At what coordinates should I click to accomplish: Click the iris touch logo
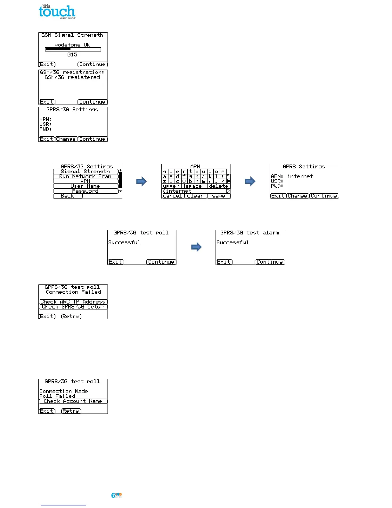click(57, 12)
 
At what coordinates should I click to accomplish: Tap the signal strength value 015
click(72, 55)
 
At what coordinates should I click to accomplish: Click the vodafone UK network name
click(72, 45)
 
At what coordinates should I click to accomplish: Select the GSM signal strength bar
click(73, 49)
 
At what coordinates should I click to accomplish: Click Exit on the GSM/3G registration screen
click(47, 102)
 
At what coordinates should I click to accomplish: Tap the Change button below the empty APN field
click(66, 139)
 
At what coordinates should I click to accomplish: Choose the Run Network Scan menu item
click(86, 176)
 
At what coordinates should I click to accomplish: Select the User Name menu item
click(86, 186)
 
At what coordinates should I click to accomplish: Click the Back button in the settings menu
click(68, 196)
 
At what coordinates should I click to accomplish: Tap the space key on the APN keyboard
click(194, 186)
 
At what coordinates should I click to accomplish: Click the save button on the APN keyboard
click(218, 196)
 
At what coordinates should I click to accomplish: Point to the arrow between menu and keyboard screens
click(141, 182)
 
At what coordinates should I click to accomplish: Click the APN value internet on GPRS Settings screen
click(300, 176)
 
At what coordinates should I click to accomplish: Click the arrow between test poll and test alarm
click(196, 247)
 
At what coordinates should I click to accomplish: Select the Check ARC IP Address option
click(73, 302)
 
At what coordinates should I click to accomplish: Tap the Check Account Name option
click(73, 401)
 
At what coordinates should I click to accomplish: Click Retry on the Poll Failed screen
click(71, 411)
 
